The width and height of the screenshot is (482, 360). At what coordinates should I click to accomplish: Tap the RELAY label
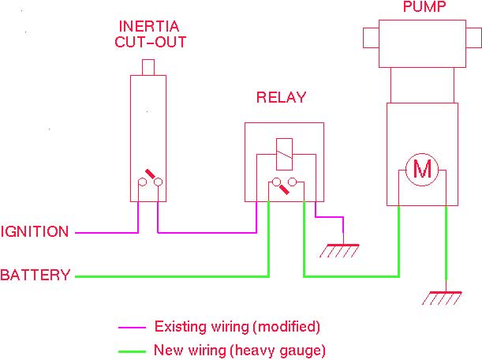(281, 98)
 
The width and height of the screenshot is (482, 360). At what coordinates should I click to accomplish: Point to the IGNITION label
(35, 232)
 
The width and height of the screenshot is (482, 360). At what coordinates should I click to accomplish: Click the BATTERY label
(35, 276)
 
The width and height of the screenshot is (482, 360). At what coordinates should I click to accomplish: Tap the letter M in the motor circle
(424, 169)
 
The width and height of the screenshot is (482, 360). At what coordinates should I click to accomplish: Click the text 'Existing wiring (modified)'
(237, 326)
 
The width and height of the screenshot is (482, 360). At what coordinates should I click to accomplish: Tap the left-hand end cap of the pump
(371, 38)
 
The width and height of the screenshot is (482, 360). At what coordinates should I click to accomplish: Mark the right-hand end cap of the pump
(473, 38)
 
